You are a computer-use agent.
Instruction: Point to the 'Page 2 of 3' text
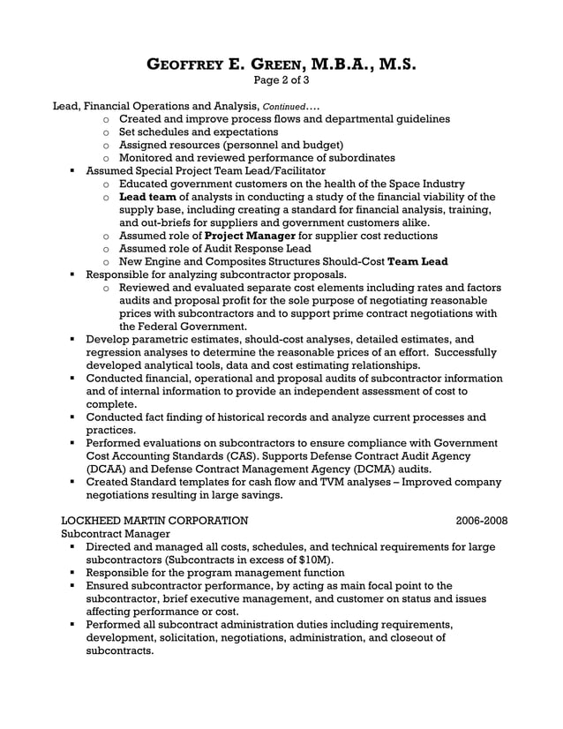[281, 82]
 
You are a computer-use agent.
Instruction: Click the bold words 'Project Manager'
[251, 236]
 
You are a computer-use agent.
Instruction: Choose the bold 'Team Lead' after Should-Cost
[417, 261]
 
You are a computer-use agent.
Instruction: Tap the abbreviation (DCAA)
[110, 469]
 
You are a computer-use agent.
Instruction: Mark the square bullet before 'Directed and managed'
[71, 547]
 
